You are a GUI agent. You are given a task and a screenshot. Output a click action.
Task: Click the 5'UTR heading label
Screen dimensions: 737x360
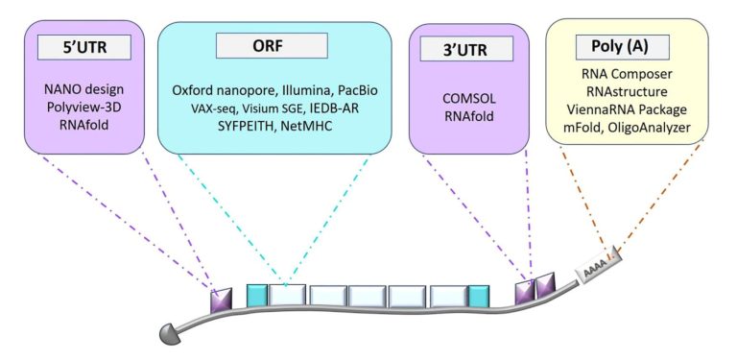[83, 47]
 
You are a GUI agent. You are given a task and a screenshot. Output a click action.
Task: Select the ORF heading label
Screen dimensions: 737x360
[272, 45]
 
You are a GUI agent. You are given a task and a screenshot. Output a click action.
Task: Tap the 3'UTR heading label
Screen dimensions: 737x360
[464, 49]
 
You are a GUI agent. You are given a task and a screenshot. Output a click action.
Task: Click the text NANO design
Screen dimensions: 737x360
[84, 89]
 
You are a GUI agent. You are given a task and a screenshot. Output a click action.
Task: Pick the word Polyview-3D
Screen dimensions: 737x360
[84, 107]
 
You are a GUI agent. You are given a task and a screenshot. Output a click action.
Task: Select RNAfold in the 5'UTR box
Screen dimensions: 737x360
[84, 125]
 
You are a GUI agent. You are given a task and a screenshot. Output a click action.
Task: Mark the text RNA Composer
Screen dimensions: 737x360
[627, 74]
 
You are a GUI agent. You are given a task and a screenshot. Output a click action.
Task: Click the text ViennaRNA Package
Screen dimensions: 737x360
[627, 109]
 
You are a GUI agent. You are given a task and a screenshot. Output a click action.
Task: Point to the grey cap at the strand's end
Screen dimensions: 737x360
[170, 333]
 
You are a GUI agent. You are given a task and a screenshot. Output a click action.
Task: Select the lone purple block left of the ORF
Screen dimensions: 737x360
[221, 300]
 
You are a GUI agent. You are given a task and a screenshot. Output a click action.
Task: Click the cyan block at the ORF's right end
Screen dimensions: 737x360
[479, 296]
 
